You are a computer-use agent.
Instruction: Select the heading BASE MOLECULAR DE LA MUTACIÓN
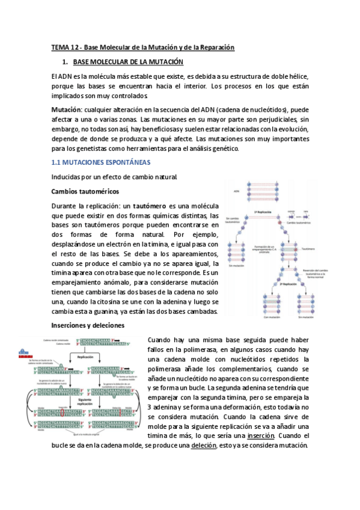[x=128, y=63]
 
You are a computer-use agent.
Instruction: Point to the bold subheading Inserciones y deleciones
[x=88, y=325]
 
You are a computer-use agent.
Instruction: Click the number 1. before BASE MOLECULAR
[x=65, y=63]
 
